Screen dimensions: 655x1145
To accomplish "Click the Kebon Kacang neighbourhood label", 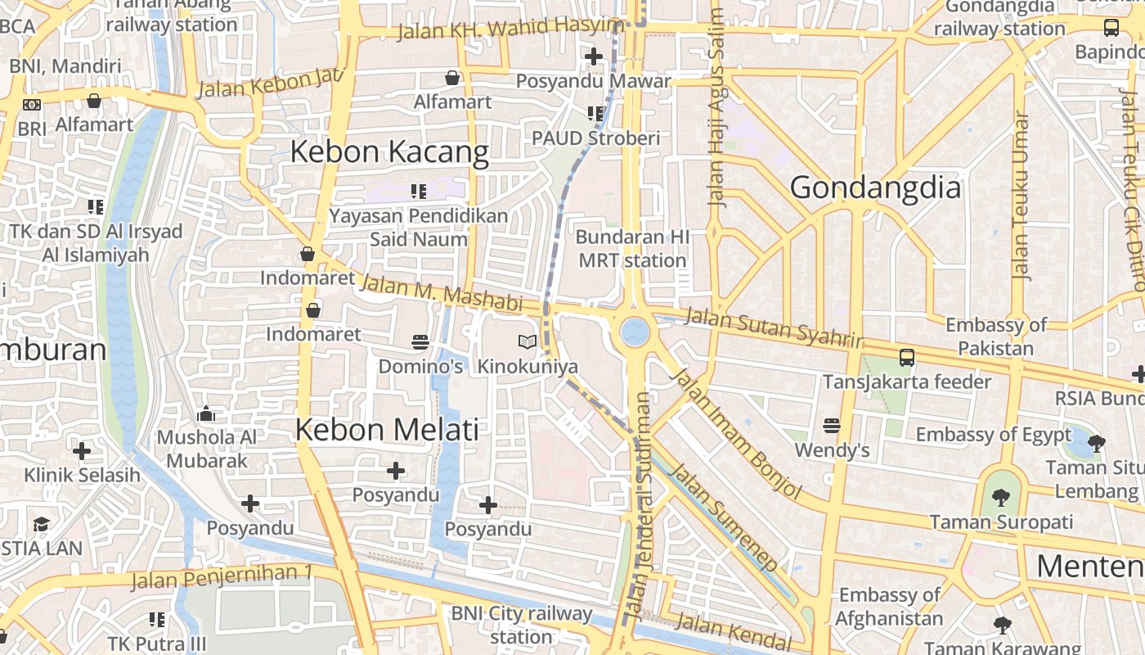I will [x=389, y=152].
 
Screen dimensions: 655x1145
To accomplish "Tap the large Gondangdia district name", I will [x=875, y=188].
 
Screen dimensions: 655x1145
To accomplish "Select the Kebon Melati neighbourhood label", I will [x=387, y=430].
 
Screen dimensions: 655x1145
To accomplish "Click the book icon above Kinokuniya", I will [x=528, y=341].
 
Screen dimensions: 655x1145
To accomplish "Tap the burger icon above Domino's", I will [x=420, y=341].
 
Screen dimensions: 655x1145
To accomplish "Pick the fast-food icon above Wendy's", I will [x=832, y=425].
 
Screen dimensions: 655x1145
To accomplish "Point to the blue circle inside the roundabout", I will [x=635, y=332].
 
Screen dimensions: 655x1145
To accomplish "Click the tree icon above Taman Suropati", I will [x=1000, y=497].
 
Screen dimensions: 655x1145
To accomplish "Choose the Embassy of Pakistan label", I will [x=995, y=337].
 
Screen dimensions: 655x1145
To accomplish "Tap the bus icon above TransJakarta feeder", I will [x=907, y=358].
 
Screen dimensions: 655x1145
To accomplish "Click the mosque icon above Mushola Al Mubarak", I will [x=206, y=413].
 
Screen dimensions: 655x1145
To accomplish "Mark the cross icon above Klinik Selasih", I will [x=82, y=451].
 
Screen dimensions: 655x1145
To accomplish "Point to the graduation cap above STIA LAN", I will [x=41, y=524].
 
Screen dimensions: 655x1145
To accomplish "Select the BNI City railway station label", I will [x=522, y=625].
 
